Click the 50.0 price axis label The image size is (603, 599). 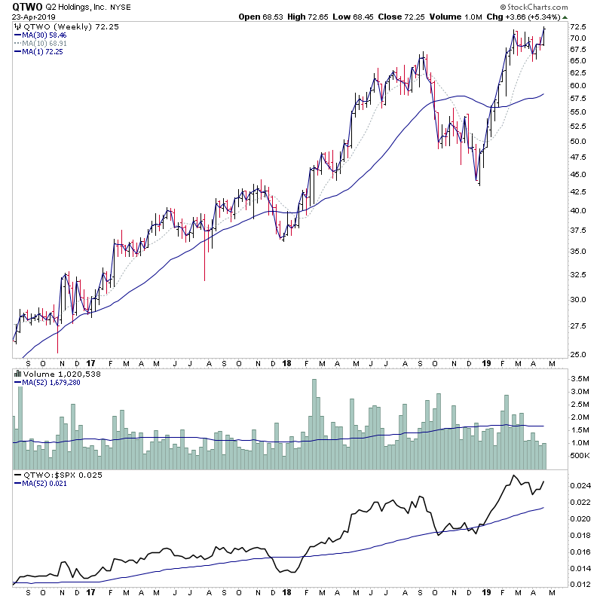click(579, 141)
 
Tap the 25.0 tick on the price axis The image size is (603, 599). click(579, 354)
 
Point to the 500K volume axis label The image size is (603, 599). click(582, 456)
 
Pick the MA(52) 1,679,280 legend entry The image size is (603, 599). click(53, 381)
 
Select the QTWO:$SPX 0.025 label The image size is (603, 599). click(53, 475)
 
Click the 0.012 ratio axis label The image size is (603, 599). click(581, 584)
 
